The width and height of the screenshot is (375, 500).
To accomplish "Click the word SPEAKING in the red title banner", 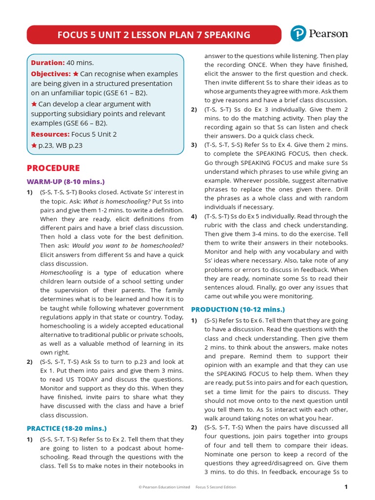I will click(225, 35).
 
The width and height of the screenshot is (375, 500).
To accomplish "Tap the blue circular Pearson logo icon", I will click(298, 34).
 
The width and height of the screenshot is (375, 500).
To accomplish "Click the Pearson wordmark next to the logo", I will click(328, 34).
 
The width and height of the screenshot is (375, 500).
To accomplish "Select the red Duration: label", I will click(48, 62).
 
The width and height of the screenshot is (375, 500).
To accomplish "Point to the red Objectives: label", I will click(51, 74).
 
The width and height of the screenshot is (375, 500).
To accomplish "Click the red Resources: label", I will click(50, 134).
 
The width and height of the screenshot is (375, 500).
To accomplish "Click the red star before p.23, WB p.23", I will click(34, 145).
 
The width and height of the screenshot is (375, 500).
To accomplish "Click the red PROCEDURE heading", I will click(53, 168).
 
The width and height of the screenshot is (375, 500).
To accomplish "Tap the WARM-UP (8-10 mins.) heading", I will click(66, 182).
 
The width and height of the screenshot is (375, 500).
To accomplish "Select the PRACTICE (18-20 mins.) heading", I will click(66, 428).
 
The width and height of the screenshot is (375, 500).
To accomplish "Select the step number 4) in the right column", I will click(194, 216).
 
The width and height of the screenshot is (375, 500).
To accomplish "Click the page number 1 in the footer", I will click(346, 487).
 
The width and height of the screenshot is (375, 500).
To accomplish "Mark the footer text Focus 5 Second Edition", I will click(215, 487).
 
